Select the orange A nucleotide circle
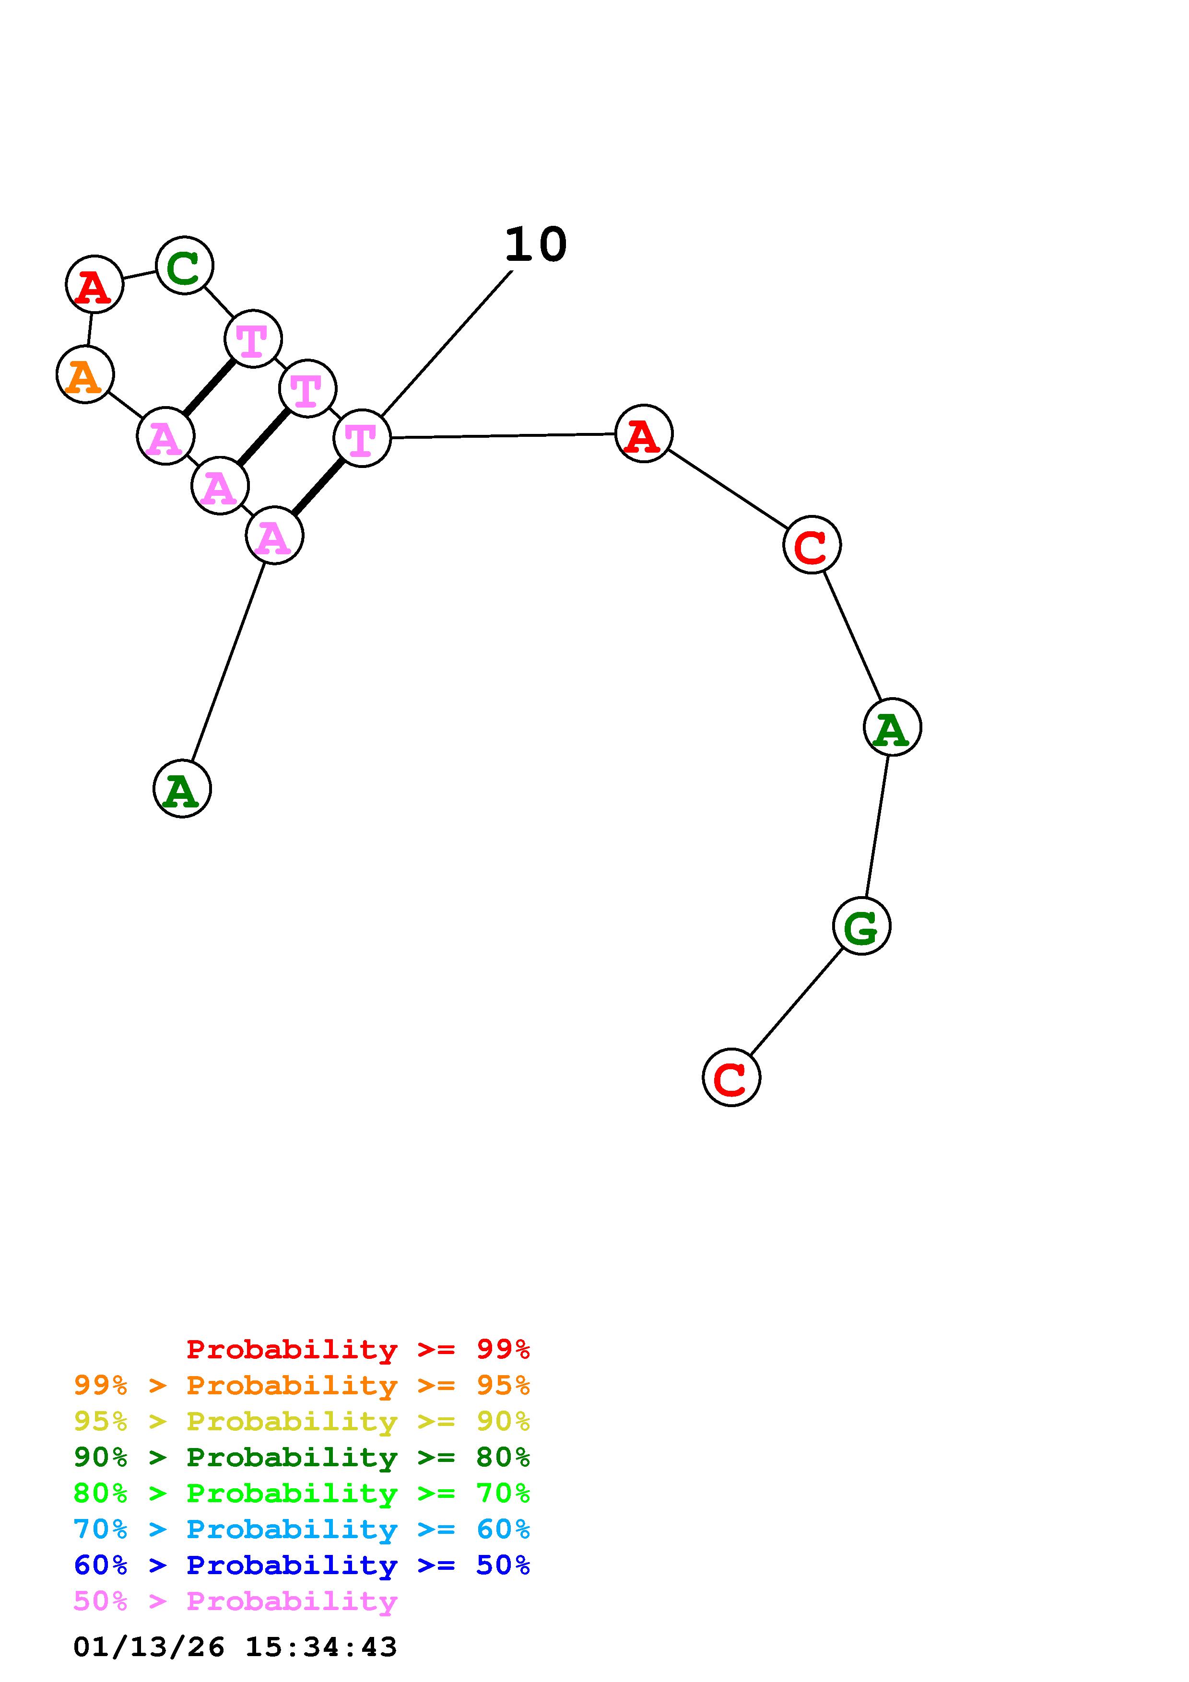point(85,375)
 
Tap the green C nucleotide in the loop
point(185,265)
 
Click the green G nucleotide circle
point(861,926)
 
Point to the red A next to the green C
point(94,284)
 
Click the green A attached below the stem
point(182,789)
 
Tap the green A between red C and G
point(892,727)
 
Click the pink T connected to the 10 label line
point(362,438)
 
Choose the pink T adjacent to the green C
point(253,339)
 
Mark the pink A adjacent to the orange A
point(165,437)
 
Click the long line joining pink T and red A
point(503,436)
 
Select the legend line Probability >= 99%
point(358,1349)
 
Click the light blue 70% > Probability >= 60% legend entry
point(302,1529)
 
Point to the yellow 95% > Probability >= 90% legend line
point(302,1421)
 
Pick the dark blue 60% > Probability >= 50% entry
point(302,1565)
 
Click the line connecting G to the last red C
point(796,1002)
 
